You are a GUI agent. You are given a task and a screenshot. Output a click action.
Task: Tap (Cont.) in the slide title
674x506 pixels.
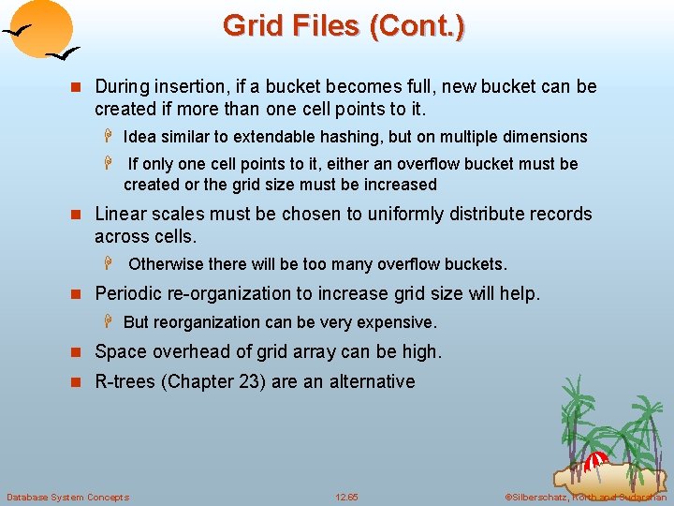click(x=417, y=25)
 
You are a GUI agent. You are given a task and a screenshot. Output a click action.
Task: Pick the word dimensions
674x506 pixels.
click(x=546, y=137)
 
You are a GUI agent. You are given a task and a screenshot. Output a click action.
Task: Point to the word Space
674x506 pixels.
click(x=119, y=352)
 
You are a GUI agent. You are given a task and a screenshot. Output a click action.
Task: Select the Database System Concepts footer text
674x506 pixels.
click(x=68, y=497)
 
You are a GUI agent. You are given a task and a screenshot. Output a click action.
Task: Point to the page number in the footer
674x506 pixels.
click(x=346, y=497)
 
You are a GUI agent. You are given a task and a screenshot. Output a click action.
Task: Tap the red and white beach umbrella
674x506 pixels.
click(x=596, y=461)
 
